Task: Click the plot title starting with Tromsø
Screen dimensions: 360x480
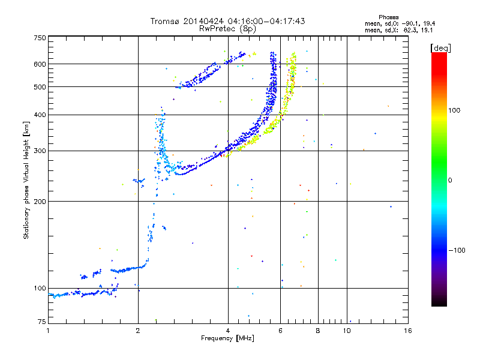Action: pyautogui.click(x=227, y=21)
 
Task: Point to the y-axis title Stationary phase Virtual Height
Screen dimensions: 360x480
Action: pyautogui.click(x=26, y=181)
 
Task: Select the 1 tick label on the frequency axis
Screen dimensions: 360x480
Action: pyautogui.click(x=48, y=330)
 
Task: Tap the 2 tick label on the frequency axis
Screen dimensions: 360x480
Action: pyautogui.click(x=138, y=330)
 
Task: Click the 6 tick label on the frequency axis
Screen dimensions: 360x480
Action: pyautogui.click(x=280, y=330)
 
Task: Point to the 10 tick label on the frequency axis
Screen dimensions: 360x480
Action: pyautogui.click(x=346, y=330)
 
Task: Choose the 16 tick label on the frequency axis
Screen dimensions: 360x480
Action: pyautogui.click(x=407, y=330)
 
